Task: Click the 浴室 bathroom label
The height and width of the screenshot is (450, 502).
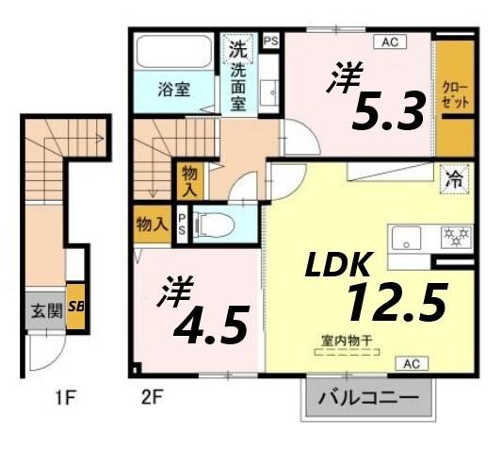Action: tap(172, 91)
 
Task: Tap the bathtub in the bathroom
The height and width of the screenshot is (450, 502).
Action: tap(175, 52)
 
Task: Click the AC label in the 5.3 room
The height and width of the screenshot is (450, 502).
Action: tap(387, 42)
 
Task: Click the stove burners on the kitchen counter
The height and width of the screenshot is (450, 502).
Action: tap(457, 235)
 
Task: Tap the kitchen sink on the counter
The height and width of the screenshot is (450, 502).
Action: tap(409, 237)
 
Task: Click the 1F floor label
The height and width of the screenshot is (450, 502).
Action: tap(63, 397)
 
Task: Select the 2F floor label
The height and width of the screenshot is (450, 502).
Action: tap(153, 397)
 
